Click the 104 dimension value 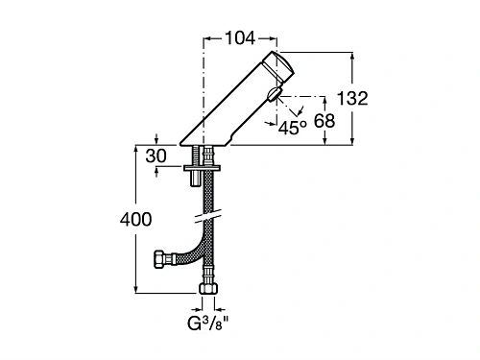pyautogui.click(x=239, y=38)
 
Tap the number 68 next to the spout pyautogui.click(x=324, y=121)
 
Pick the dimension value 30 pyautogui.click(x=156, y=155)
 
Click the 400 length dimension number pyautogui.click(x=135, y=219)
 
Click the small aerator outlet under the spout pyautogui.click(x=276, y=96)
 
